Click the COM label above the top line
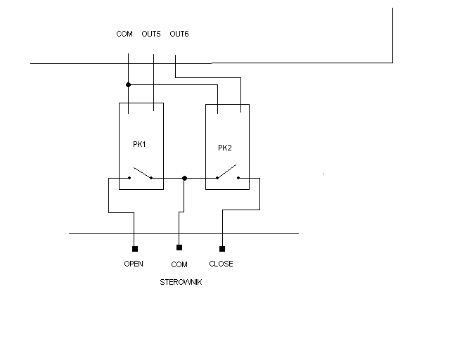(124, 34)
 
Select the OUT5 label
(151, 34)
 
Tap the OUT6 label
(179, 34)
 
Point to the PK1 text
(139, 144)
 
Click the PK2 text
(225, 148)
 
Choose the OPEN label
(134, 264)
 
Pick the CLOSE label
(221, 264)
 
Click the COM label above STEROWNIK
(179, 264)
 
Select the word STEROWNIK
(181, 282)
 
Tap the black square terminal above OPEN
(135, 249)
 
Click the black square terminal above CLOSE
(222, 249)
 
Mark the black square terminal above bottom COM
(179, 247)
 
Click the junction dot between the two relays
(184, 179)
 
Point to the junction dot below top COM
(128, 84)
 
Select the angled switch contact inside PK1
(142, 172)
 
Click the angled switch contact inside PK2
(226, 171)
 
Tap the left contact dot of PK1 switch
(129, 178)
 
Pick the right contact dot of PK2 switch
(238, 178)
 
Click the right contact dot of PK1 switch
(151, 178)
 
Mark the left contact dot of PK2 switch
(217, 178)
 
